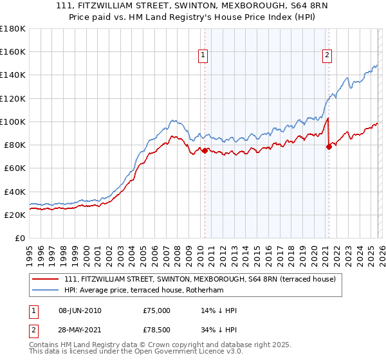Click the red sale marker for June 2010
(x=205, y=150)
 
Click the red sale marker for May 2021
(x=329, y=146)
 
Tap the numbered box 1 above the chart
(x=203, y=56)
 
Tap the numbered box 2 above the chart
(x=327, y=56)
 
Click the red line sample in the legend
(x=46, y=279)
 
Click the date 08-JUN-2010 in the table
(x=79, y=310)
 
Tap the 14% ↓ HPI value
(x=219, y=310)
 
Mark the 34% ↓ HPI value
(x=219, y=330)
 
